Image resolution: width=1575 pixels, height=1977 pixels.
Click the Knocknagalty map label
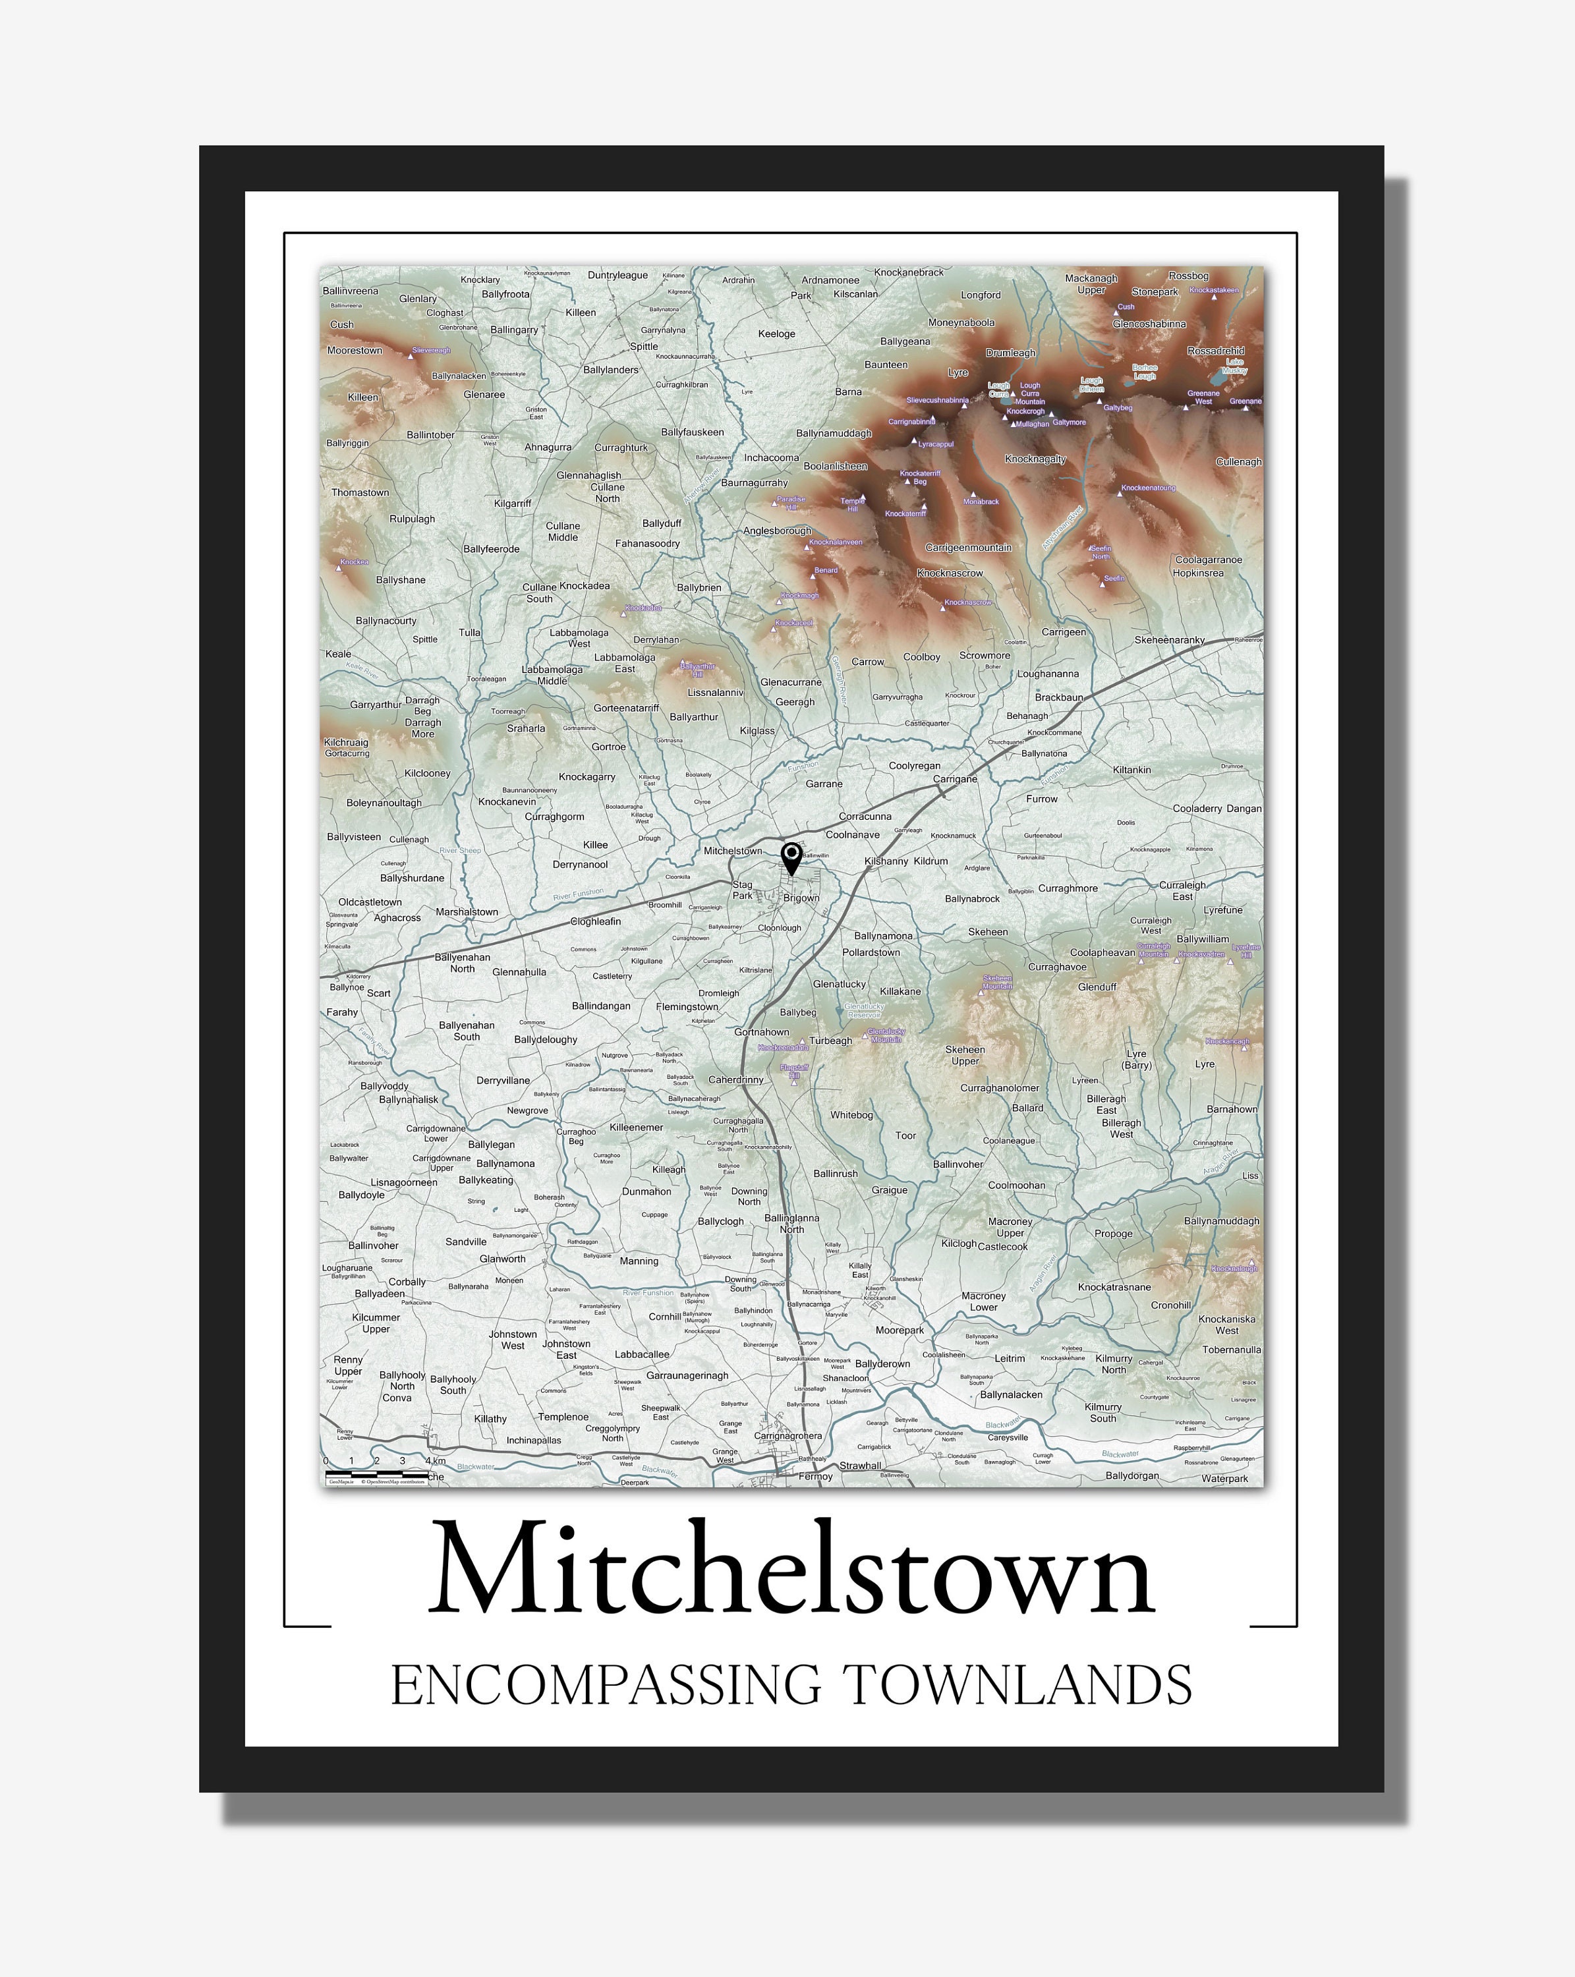(x=1035, y=459)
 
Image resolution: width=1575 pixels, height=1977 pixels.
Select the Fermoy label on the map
(x=815, y=1476)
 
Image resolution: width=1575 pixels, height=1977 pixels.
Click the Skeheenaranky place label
(x=1169, y=639)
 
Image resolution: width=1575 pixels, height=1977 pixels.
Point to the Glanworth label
(x=502, y=1258)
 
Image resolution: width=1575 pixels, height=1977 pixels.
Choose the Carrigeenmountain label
(x=968, y=548)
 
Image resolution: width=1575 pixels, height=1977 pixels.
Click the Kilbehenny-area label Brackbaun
(x=1059, y=697)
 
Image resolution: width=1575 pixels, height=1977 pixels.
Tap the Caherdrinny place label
(x=735, y=1079)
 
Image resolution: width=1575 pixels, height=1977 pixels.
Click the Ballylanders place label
(x=611, y=370)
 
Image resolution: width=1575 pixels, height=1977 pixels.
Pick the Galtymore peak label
(x=1069, y=422)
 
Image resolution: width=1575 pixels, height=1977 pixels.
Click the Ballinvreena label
(x=350, y=291)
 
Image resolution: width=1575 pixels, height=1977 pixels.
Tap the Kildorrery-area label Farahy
(x=342, y=1012)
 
